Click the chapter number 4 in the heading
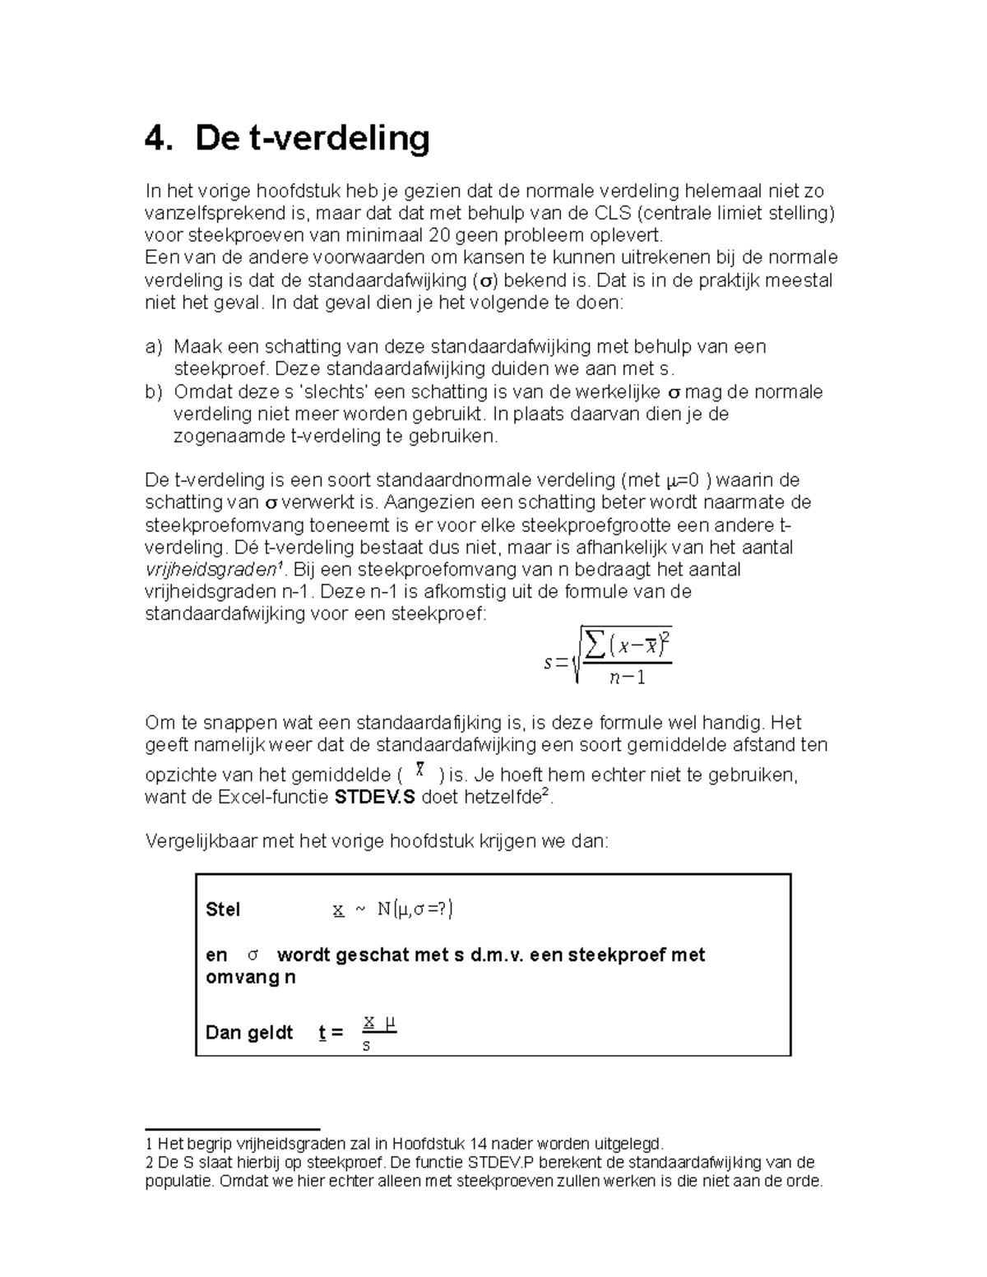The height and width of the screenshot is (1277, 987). pos(155,139)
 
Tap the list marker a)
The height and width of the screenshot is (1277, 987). pos(154,347)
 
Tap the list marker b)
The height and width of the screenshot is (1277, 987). pos(154,391)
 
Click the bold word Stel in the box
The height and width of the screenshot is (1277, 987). pos(223,909)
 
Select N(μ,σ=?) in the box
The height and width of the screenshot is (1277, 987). pos(415,909)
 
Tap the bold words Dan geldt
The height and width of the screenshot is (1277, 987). pos(249,1033)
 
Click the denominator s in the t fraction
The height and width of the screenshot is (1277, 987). pos(367,1047)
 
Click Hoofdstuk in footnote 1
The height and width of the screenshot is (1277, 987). pos(427,1143)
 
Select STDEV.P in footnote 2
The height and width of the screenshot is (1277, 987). pos(501,1163)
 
